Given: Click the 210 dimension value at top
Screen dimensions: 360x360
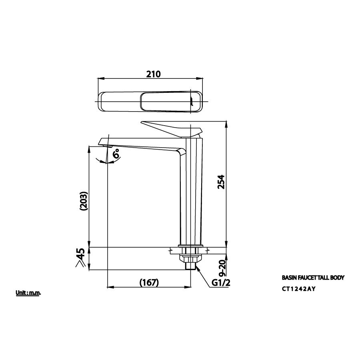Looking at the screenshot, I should (x=153, y=74).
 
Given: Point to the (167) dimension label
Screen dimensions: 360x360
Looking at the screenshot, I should (x=150, y=282).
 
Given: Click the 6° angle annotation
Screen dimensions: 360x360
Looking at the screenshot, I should (x=117, y=154).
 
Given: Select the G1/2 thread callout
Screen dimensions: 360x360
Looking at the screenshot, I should (x=221, y=283).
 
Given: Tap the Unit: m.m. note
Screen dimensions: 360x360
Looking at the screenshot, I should (x=28, y=293).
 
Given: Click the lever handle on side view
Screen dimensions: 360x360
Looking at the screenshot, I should (x=172, y=128).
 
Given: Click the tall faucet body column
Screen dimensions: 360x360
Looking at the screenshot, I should (x=192, y=192).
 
